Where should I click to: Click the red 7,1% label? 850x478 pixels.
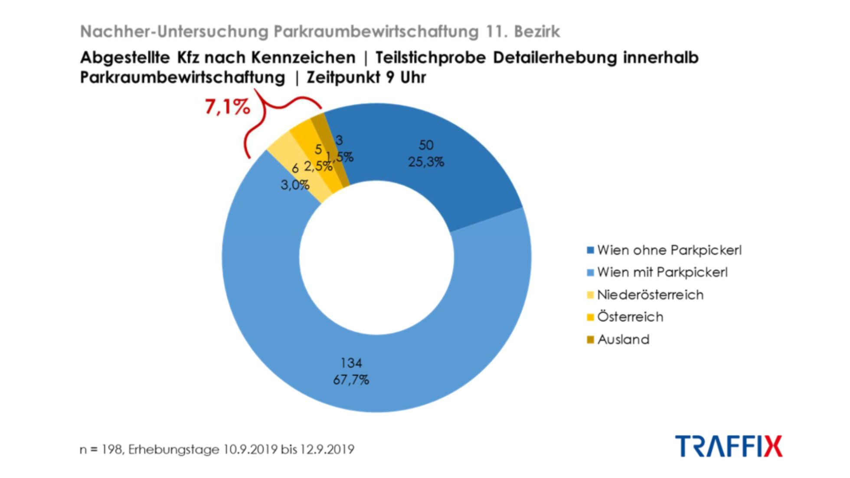[x=227, y=107]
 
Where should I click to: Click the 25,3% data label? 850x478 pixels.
[x=426, y=163]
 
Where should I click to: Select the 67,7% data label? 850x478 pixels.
[x=351, y=380]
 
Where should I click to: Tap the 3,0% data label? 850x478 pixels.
[x=295, y=185]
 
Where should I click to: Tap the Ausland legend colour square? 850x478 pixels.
[x=590, y=339]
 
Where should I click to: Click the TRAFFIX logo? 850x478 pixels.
[x=729, y=446]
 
